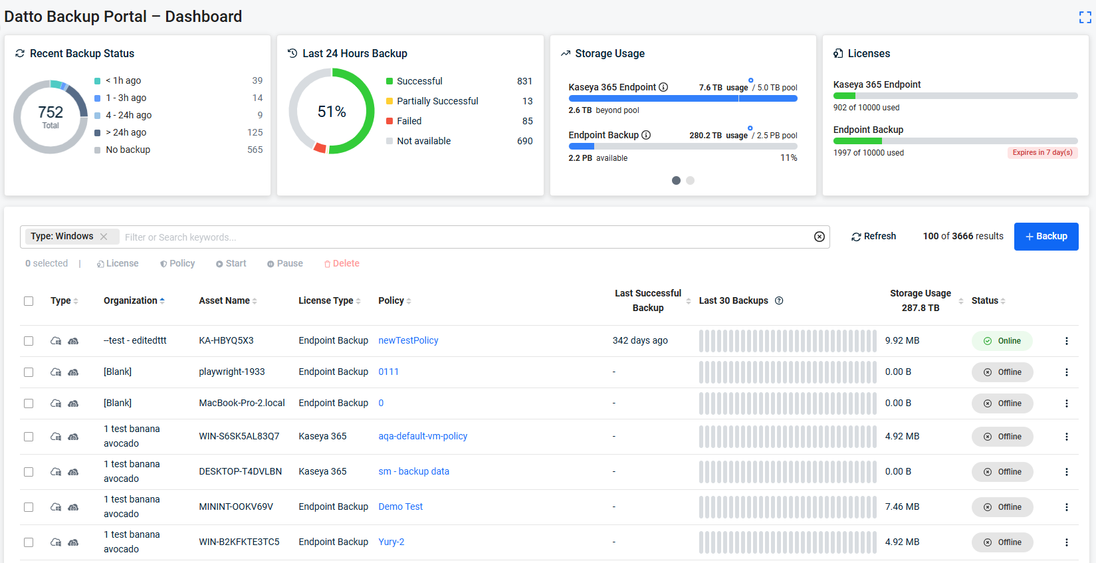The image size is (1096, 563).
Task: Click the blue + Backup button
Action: point(1046,236)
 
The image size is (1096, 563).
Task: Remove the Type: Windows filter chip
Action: point(104,236)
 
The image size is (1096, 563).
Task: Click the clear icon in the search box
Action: point(819,237)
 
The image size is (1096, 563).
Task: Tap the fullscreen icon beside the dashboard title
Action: point(1085,17)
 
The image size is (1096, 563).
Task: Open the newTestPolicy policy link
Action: point(408,340)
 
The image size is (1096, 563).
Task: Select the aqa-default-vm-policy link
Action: point(423,436)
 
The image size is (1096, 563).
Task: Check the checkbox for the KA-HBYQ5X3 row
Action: point(29,341)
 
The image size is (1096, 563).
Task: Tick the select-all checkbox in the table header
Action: point(29,301)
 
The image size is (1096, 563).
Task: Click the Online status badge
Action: point(1002,341)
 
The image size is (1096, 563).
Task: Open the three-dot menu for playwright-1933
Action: point(1067,372)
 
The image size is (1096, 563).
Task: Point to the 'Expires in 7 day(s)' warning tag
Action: point(1042,153)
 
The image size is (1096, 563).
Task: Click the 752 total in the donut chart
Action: point(51,112)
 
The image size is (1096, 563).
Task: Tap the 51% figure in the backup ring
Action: point(332,112)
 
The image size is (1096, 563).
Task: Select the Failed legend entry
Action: point(409,121)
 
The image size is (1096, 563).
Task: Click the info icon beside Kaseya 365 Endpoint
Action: point(663,87)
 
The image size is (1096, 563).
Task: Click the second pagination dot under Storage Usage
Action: point(690,181)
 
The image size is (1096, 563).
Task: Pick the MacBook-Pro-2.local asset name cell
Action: point(242,403)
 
